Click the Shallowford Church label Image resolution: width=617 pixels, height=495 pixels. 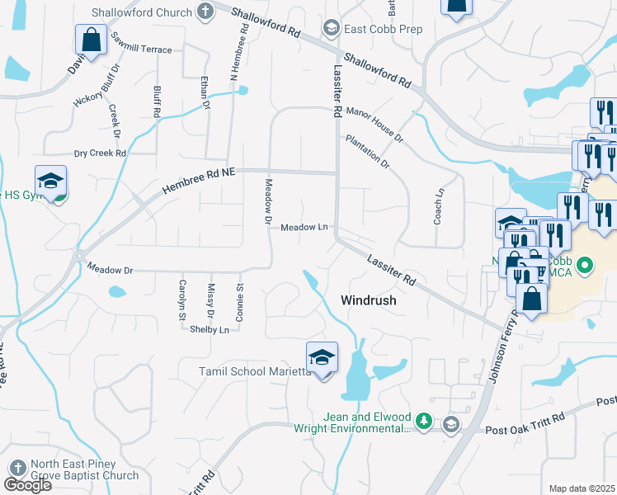tap(153, 12)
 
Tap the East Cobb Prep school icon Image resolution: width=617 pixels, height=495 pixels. tap(331, 29)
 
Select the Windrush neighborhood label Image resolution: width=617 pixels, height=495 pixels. tap(369, 300)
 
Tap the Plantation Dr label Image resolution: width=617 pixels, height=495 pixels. tap(368, 153)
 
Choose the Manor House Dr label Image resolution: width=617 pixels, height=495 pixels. tap(375, 123)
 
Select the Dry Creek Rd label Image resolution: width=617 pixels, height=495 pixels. tap(100, 153)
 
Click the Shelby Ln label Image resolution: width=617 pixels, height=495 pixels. tap(210, 329)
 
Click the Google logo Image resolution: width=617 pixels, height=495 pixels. tap(27, 485)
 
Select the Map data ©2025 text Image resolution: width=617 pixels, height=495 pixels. tap(582, 488)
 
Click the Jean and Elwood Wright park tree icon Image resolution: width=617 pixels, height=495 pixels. tap(424, 422)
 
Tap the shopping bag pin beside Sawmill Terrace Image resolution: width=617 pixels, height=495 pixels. tap(91, 40)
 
